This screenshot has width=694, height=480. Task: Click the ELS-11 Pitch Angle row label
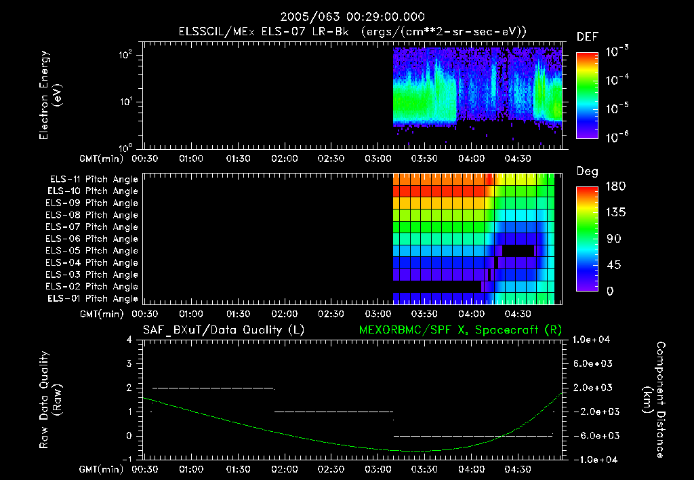[94, 179]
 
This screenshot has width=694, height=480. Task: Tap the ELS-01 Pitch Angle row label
[92, 298]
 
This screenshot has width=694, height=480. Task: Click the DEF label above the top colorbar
[587, 37]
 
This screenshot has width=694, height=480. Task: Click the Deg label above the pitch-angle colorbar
[587, 172]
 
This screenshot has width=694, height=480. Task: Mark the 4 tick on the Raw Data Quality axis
[129, 340]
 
